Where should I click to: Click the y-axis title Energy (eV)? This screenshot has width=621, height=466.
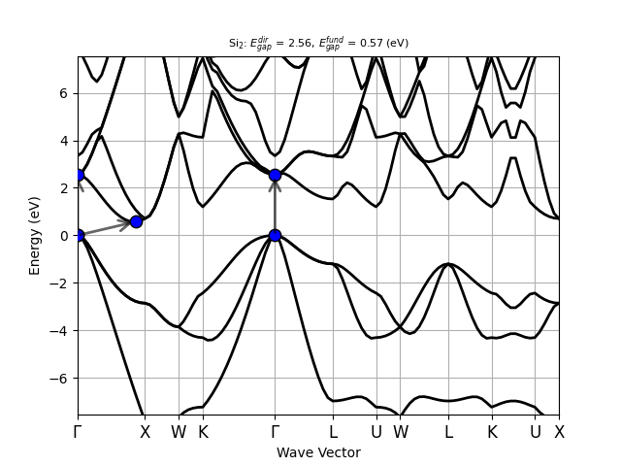(x=36, y=235)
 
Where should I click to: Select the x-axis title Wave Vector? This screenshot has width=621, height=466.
(x=318, y=452)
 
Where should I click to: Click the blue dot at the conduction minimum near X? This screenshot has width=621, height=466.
(x=136, y=221)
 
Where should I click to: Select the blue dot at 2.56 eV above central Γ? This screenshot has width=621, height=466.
(x=275, y=175)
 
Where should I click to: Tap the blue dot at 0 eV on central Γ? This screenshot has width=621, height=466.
(x=275, y=235)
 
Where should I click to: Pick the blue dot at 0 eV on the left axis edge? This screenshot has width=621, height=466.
(x=79, y=235)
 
